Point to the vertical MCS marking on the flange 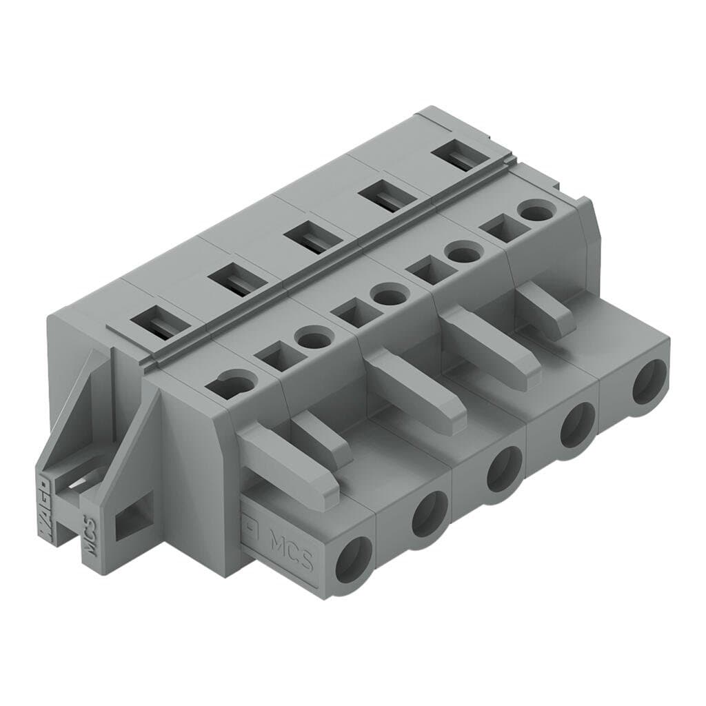[89, 534]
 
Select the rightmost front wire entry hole [649, 383]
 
